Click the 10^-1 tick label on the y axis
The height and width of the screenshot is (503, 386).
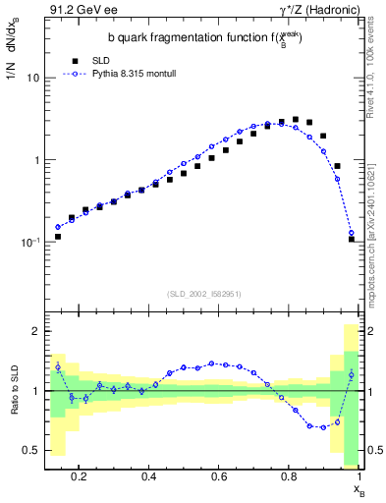(x=31, y=242)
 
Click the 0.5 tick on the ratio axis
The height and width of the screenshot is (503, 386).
(x=32, y=450)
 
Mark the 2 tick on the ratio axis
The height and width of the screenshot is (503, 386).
(x=36, y=331)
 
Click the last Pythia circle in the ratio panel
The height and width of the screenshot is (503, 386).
(x=352, y=374)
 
